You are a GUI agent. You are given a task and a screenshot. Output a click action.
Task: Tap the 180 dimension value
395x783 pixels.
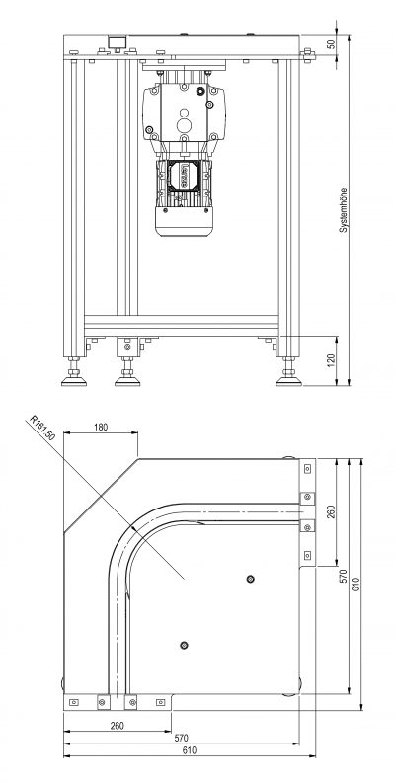tap(101, 427)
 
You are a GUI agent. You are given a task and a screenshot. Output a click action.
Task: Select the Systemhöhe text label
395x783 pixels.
tap(343, 210)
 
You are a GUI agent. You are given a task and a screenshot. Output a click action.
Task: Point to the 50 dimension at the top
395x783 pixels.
tap(331, 44)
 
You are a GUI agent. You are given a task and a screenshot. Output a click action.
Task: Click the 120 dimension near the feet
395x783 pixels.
tap(331, 360)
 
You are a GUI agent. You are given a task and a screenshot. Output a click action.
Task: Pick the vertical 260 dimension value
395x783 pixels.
tap(330, 511)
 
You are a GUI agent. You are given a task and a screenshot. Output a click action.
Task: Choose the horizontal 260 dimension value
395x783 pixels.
tap(117, 725)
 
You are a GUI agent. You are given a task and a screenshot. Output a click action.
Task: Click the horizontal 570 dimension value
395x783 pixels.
tap(181, 738)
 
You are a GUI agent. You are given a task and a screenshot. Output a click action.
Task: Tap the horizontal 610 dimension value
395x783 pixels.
tap(190, 750)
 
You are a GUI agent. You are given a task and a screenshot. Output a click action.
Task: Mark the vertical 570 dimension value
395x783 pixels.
tap(343, 575)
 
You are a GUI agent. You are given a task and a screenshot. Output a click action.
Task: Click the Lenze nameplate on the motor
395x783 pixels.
tap(183, 177)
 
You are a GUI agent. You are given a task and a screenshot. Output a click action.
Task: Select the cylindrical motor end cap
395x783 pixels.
tap(184, 222)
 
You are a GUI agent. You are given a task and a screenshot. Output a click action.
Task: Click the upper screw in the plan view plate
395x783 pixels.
tap(251, 579)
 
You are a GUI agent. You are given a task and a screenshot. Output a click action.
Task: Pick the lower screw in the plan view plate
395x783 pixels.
tap(184, 645)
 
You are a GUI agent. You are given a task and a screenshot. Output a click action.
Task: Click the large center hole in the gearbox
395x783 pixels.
tap(184, 122)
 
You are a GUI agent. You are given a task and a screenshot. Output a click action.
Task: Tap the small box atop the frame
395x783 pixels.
tap(118, 41)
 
